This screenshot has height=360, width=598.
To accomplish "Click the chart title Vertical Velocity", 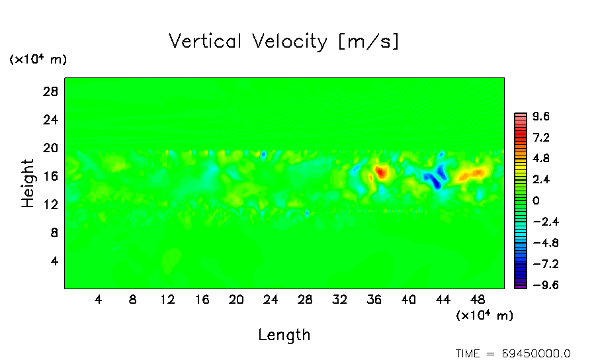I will (284, 42).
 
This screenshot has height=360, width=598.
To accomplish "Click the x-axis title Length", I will (284, 335).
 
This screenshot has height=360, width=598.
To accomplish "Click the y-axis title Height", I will (28, 183).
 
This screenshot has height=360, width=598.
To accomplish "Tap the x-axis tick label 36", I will (374, 299).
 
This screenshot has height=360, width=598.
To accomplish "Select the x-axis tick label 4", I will (99, 299).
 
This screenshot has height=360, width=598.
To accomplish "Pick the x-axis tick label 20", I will (236, 299).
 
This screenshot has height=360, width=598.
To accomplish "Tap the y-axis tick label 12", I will (51, 204).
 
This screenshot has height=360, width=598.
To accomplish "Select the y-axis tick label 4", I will (55, 261).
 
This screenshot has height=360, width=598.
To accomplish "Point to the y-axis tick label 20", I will (51, 148).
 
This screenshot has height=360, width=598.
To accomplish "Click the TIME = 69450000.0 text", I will (513, 353).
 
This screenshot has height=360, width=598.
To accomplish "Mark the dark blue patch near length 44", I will (435, 181).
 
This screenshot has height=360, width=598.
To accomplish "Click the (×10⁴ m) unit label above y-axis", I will (38, 60).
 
